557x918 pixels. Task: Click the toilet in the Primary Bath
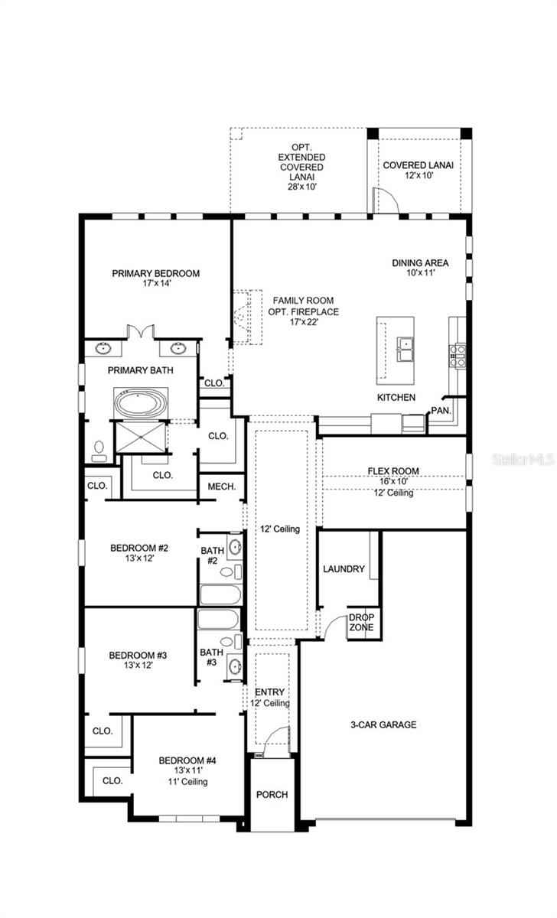99,451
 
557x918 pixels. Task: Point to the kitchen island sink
405,349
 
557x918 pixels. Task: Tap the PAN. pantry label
441,410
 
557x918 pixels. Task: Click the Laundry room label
344,569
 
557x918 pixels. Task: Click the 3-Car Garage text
384,724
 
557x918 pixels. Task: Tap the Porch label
272,795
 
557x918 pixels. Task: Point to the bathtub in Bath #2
220,595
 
